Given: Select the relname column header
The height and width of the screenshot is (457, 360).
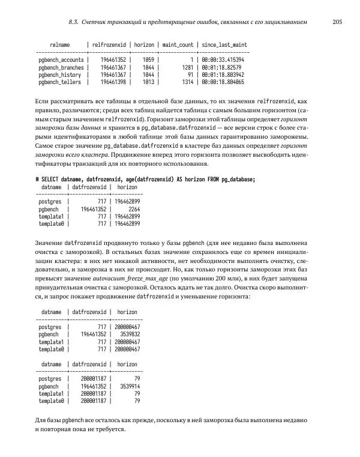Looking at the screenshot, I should coord(60,45).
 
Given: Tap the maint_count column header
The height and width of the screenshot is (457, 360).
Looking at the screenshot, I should coord(178,45).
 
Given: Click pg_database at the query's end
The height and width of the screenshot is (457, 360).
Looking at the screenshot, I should coord(236,180).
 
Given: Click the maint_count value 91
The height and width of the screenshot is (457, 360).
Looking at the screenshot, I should coord(190,74).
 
